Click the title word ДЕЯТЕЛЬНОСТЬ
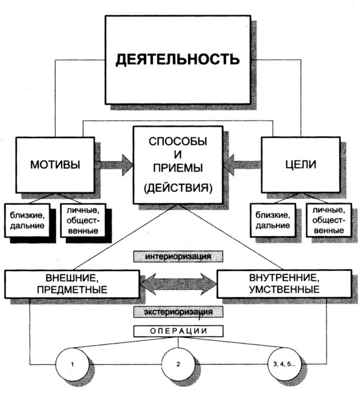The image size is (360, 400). tap(178, 60)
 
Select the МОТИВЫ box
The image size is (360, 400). tap(55, 165)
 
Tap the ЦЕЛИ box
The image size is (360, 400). tap(301, 165)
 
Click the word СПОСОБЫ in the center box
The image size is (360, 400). tap(178, 141)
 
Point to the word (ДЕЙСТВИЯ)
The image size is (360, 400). tap(178, 188)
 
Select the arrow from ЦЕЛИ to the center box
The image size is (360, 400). tap(242, 165)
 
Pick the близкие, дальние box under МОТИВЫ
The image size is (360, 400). tap(27, 220)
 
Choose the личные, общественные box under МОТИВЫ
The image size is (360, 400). tap(83, 220)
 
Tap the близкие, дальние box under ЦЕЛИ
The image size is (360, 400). tap(273, 220)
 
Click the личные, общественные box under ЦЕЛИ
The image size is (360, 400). tap(329, 220)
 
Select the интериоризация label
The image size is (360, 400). tap(178, 256)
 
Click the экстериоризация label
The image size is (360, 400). tap(178, 312)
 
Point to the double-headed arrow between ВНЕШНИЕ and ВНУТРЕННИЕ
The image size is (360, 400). tap(178, 284)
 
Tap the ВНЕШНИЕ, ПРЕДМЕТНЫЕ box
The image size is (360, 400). tap(72, 284)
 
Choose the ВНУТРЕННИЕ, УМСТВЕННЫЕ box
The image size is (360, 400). tap(284, 284)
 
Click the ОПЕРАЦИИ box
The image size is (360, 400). tap(178, 331)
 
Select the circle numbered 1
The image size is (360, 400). tap(72, 364)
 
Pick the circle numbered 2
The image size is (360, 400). tap(178, 364)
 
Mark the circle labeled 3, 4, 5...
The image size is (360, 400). tap(284, 364)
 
